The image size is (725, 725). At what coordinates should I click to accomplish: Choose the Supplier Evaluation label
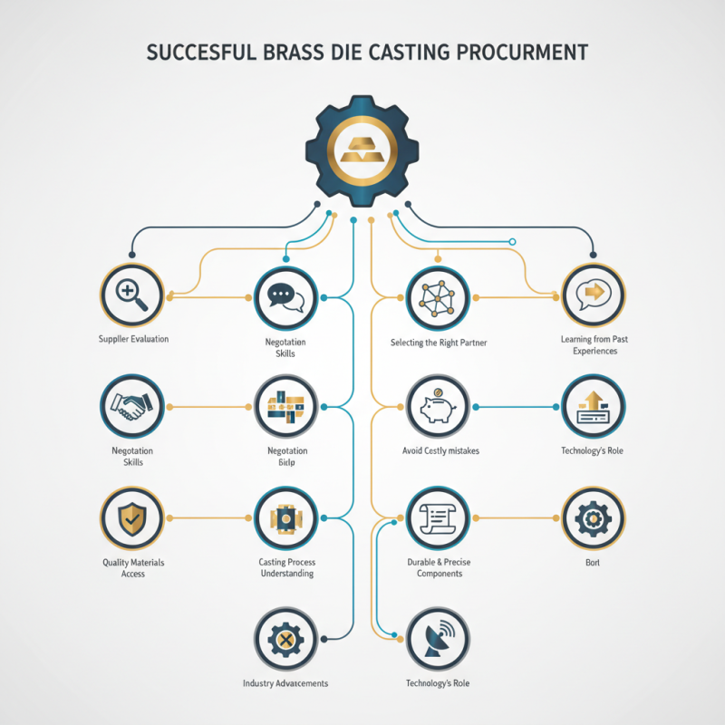coord(133,339)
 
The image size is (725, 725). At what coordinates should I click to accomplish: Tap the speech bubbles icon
coord(285,297)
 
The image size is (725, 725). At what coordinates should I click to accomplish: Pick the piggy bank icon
coord(438,408)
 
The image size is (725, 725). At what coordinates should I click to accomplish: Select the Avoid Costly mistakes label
coord(440,450)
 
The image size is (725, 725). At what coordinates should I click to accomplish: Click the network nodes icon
coord(438,297)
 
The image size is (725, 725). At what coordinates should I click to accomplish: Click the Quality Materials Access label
coord(133,568)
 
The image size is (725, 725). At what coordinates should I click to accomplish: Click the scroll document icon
coord(438,519)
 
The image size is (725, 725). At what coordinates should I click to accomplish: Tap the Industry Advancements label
coord(285,682)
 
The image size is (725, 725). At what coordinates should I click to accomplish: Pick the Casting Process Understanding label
coord(286,568)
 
